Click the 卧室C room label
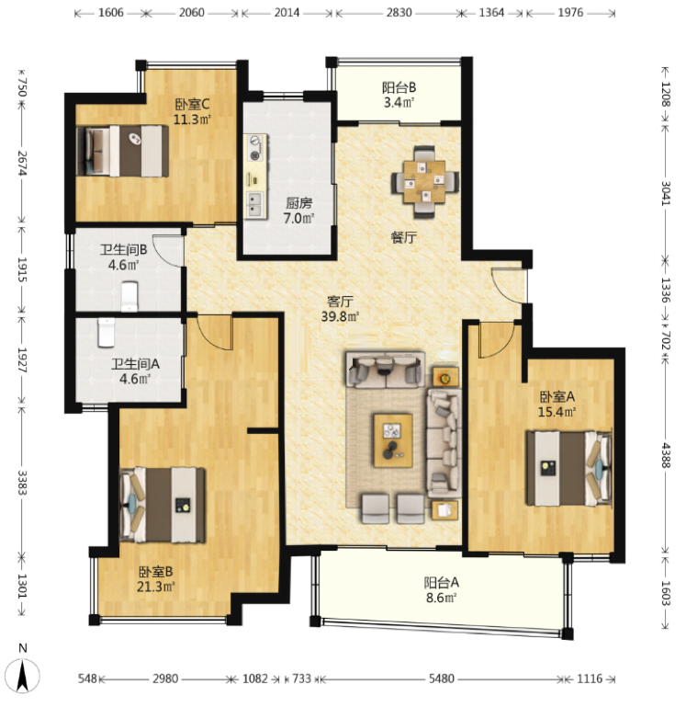[x=192, y=105]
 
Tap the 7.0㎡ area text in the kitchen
[x=298, y=219]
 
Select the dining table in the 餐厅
[x=425, y=182]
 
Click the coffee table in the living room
[x=393, y=440]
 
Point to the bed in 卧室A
[x=568, y=469]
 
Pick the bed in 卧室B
[x=163, y=505]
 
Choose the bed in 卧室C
[x=122, y=151]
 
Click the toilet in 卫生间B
[x=129, y=296]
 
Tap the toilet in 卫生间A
[x=106, y=333]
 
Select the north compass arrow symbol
[x=23, y=675]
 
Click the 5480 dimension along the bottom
[x=441, y=678]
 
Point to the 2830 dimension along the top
[x=399, y=13]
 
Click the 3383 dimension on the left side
[x=22, y=483]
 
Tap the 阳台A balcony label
[x=441, y=583]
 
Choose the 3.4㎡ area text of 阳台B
[x=399, y=103]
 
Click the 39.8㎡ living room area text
[x=340, y=316]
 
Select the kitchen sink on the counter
[x=255, y=204]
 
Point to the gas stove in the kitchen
[x=255, y=148]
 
